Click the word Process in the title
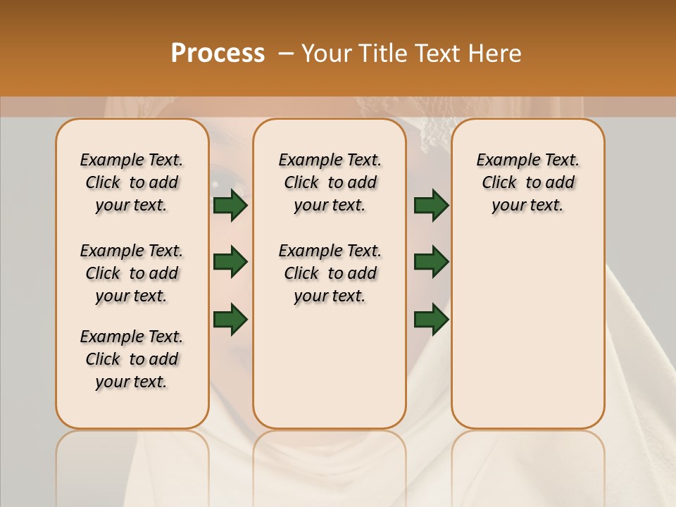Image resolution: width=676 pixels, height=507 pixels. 218,53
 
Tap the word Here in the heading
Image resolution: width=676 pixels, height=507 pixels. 496,53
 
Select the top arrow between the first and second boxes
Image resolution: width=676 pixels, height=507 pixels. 230,205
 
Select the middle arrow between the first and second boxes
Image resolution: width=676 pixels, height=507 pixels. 230,262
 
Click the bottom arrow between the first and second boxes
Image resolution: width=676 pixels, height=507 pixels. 230,319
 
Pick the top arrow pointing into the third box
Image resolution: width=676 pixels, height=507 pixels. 431,205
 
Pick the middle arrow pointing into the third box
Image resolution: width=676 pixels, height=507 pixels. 431,262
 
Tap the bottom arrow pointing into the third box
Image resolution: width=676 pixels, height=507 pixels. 431,319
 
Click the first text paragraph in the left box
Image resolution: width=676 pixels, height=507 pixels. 132,182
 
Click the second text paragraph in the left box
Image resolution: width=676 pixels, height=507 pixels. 132,273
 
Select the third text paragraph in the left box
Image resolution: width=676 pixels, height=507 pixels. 132,359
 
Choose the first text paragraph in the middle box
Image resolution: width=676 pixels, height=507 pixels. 330,182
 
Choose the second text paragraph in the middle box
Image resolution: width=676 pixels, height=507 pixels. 330,273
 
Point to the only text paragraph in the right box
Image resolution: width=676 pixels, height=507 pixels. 527,182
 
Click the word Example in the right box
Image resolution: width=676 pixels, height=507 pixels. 502,161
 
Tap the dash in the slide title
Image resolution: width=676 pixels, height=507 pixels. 286,54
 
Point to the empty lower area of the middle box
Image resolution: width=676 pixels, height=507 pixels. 330,366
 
